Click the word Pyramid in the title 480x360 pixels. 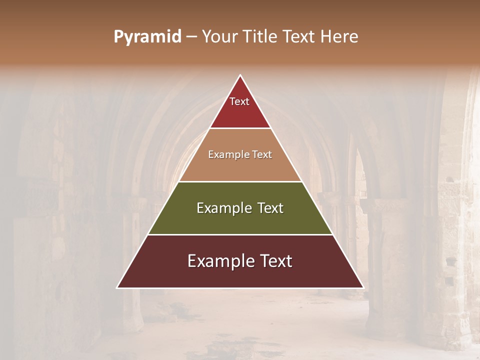click(x=147, y=37)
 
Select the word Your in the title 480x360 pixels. click(x=218, y=37)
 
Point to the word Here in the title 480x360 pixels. click(x=339, y=37)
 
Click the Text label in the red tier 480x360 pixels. click(x=239, y=101)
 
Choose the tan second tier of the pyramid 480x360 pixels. click(x=240, y=167)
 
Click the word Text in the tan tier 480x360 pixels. click(x=262, y=155)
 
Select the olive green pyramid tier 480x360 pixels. click(x=240, y=220)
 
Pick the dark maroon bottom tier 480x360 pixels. click(x=240, y=275)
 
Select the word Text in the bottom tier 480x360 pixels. click(x=275, y=261)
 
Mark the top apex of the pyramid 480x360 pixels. click(x=240, y=76)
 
